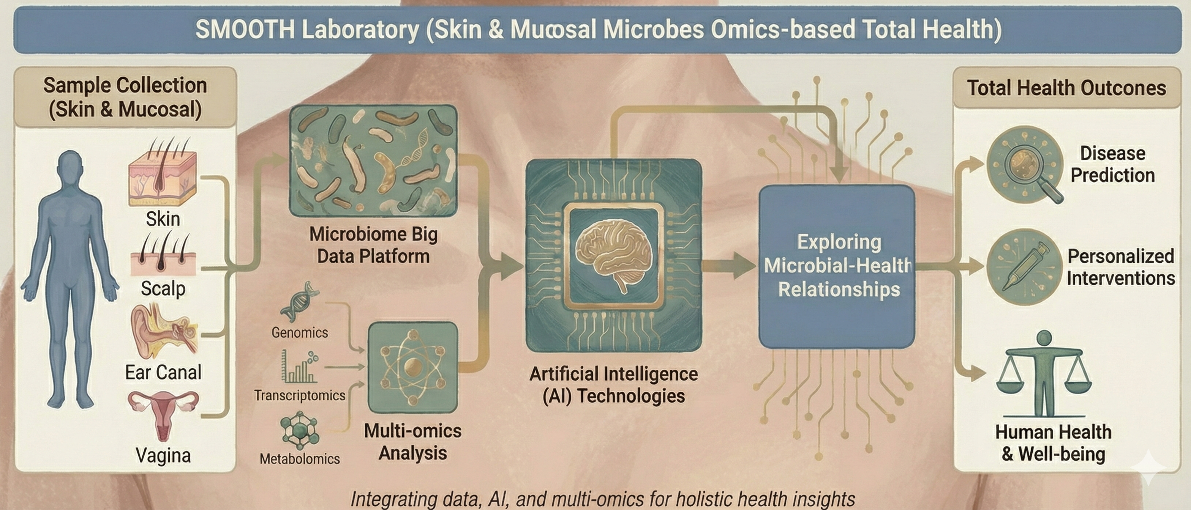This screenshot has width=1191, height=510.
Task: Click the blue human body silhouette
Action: point(70,277)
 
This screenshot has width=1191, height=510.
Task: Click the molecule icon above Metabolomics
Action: point(300,431)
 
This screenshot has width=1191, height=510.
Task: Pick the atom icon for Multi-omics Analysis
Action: point(412,368)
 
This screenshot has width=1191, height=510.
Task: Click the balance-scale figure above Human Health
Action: point(1044,374)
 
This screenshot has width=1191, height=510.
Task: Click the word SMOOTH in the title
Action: point(245,30)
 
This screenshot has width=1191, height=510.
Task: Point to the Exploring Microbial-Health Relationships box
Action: point(837,266)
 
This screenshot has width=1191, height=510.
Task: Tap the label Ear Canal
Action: point(163,372)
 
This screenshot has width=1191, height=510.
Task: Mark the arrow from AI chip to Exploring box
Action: point(730,266)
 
